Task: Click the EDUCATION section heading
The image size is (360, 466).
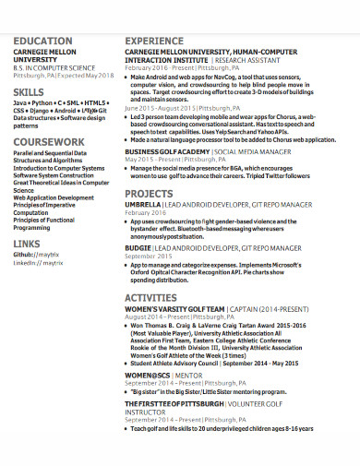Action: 42,42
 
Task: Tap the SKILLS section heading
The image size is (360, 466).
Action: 28,94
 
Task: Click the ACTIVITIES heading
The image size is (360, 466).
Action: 150,298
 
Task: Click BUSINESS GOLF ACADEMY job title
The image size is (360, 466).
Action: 167,149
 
